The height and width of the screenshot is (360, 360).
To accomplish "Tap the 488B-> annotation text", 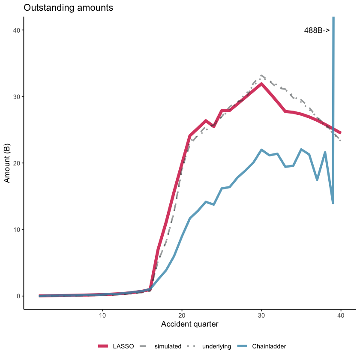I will [x=317, y=30].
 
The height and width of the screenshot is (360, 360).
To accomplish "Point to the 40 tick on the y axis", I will [x=17, y=30].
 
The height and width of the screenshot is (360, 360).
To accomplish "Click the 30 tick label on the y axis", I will [x=17, y=96].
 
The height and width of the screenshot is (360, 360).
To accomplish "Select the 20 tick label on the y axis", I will [x=17, y=163].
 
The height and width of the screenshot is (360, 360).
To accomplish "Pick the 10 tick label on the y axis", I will [x=17, y=230].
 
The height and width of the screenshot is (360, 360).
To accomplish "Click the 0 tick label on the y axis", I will [x=19, y=296].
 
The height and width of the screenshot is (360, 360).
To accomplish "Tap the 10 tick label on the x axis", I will [x=102, y=315].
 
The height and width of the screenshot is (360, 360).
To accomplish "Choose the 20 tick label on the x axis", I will [x=182, y=315].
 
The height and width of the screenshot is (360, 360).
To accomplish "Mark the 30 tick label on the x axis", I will [x=261, y=315].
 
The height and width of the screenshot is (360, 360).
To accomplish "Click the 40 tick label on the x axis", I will [x=341, y=315].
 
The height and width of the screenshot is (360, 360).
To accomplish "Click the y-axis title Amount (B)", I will [x=7, y=163].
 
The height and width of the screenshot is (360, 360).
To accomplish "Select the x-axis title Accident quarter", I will [x=189, y=324].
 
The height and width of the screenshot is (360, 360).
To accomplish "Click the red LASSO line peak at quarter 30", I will [x=261, y=84].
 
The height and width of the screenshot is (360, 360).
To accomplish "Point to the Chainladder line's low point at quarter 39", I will [x=333, y=203].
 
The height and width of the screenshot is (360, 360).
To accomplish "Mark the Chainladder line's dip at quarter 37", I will [x=317, y=180].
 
